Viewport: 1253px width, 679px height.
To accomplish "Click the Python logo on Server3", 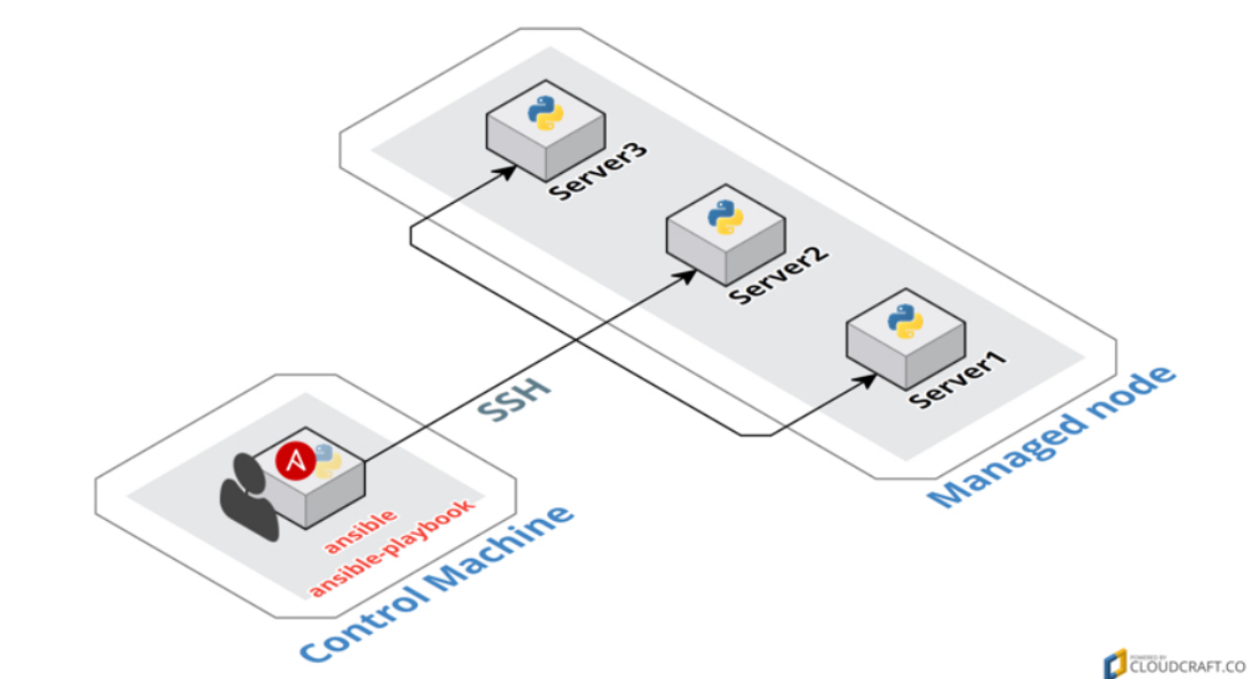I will click(545, 112).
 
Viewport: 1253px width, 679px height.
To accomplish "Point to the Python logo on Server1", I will click(905, 320).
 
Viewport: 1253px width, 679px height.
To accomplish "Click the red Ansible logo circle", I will click(295, 458).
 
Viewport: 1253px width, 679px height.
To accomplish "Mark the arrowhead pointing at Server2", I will click(687, 274).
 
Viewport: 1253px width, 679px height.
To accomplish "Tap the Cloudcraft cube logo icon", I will click(1115, 663).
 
